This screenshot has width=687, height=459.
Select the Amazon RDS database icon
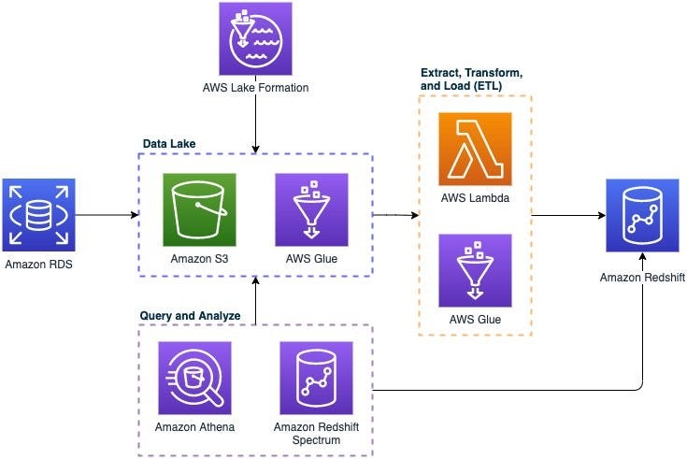pos(38,215)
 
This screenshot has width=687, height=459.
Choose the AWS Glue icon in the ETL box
pos(474,270)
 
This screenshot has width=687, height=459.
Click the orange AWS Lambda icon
pos(474,149)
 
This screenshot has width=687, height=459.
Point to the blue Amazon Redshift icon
pos(642,215)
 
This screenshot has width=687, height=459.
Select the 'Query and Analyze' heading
pos(190,317)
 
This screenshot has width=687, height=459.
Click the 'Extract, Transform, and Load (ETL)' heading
pos(473,79)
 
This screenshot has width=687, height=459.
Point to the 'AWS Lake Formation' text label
pos(255,89)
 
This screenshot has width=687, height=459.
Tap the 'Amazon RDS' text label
pos(38,265)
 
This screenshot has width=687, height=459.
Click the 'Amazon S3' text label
pos(199,259)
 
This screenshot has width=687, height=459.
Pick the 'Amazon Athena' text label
pos(194,427)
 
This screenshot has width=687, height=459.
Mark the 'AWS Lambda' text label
pos(474,199)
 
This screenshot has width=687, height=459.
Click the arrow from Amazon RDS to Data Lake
pos(107,215)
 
